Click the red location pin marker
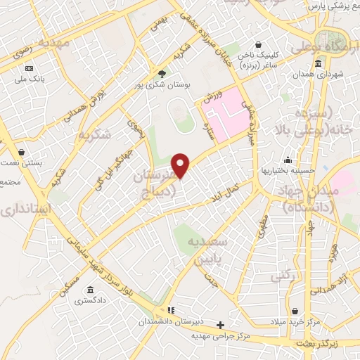click(x=181, y=166)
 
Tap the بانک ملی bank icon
click(x=29, y=68)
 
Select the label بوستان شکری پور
click(x=163, y=84)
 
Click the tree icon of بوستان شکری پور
click(x=162, y=73)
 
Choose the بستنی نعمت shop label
click(x=20, y=162)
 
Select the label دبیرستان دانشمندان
click(x=169, y=321)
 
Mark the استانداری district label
click(x=25, y=210)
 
